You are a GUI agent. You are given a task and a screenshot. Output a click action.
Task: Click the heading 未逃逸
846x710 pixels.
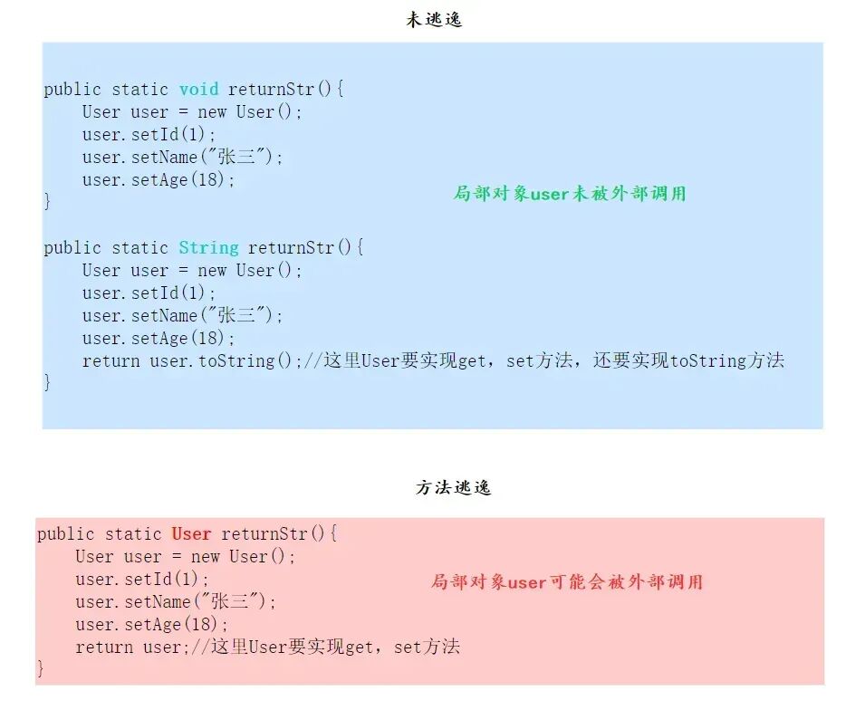[434, 19]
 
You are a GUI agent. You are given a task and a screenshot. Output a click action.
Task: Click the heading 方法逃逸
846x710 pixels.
[453, 487]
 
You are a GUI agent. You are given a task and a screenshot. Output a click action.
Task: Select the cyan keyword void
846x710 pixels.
[198, 89]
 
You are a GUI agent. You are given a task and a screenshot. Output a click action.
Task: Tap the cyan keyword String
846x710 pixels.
[208, 247]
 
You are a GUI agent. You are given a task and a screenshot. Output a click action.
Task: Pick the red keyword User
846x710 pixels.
[191, 533]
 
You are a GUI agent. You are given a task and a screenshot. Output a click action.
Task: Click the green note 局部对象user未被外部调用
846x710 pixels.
[570, 193]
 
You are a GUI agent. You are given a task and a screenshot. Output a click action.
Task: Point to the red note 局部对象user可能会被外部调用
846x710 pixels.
[566, 581]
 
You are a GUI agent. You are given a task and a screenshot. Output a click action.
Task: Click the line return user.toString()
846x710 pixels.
[190, 360]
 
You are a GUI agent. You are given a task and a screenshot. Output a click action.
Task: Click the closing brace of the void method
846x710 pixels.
[48, 202]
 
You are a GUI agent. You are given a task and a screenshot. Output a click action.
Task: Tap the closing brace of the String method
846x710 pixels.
[48, 383]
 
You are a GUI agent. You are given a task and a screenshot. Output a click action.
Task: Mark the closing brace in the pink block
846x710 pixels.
[41, 669]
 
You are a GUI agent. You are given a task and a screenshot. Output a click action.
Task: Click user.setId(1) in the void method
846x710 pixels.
[149, 134]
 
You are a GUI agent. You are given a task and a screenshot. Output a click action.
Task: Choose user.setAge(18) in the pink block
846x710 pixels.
[151, 624]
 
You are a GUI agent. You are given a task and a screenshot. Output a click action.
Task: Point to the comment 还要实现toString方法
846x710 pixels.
[688, 360]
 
